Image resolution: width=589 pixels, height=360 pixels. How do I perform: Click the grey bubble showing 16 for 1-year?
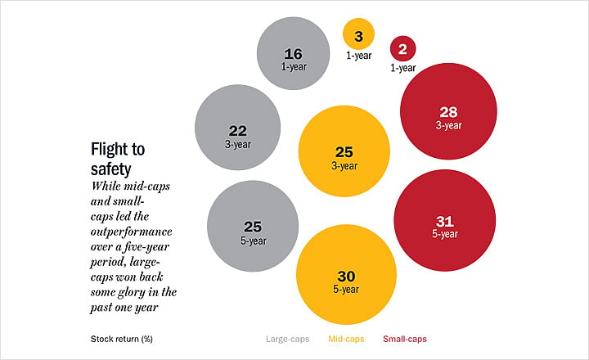coord(294,53)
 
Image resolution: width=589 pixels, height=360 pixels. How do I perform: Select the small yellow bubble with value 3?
coord(359,34)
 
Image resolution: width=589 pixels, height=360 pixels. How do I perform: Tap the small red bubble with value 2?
coord(402,48)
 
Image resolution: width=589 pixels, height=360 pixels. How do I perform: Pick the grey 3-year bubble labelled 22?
coord(237,128)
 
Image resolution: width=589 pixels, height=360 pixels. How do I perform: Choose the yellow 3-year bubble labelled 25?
coord(344,151)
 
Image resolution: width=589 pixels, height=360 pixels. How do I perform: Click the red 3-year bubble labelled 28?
coord(448,111)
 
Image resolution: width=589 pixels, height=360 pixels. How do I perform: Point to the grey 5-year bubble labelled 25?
coord(253,226)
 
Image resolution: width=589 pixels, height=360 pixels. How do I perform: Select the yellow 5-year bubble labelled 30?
coord(346,274)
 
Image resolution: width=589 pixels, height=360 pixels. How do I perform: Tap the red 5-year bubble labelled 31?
coord(445,220)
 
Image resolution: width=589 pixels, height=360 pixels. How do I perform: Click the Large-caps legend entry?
coord(288,339)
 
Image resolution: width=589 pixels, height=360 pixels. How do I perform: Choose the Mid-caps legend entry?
coord(346,339)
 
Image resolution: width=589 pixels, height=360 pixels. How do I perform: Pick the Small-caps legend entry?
coord(405,339)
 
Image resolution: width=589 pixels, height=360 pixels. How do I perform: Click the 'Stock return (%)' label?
coord(122,339)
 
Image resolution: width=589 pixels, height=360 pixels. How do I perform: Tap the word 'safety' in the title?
coord(110,169)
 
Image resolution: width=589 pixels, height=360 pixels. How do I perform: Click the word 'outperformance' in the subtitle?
coord(132,232)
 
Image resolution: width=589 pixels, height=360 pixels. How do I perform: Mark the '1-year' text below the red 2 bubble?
coord(402,68)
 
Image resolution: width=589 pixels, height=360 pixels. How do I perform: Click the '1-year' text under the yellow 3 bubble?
coord(359,56)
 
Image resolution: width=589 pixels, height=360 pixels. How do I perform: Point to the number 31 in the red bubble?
coord(445,222)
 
